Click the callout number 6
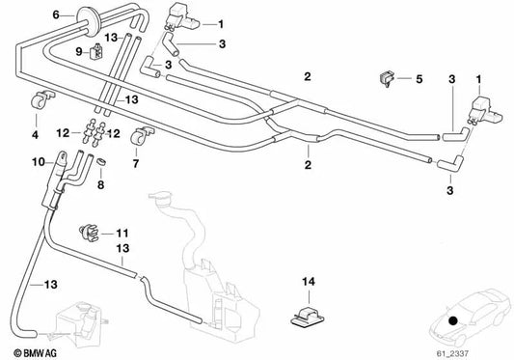coord(55,14)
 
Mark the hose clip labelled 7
coord(142,131)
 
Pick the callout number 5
coord(419,78)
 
